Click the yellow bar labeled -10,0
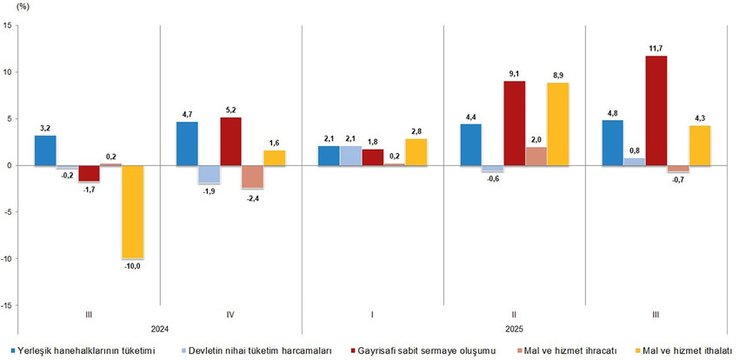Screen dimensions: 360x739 (133, 211)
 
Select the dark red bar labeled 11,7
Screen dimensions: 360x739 (656, 110)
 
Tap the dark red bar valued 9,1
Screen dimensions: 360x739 (514, 123)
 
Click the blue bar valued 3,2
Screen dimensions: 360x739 (46, 150)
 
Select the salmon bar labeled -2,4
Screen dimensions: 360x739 (252, 177)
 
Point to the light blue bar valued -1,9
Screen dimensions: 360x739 (209, 174)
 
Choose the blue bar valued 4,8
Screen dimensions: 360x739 (612, 143)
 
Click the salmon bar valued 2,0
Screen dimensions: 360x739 (536, 156)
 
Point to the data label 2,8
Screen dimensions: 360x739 (416, 130)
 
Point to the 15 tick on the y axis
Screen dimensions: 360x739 (8, 25)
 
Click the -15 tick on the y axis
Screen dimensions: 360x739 (6, 305)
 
